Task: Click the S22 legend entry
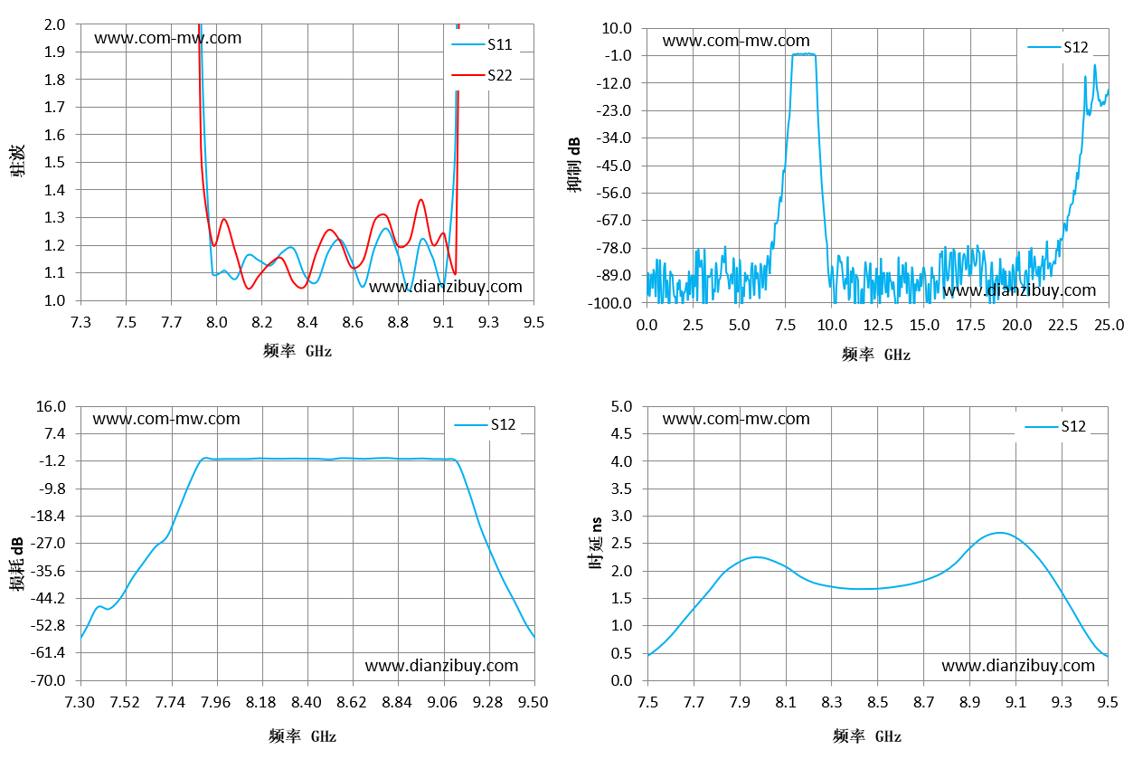click(x=482, y=75)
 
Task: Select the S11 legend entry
click(x=482, y=44)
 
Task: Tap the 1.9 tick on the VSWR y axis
click(x=54, y=52)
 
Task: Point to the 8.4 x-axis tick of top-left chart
click(x=307, y=322)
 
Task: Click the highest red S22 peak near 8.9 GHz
click(x=420, y=200)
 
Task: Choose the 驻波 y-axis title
click(x=17, y=160)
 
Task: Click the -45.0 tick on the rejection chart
click(x=614, y=166)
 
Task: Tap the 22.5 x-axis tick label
click(x=1062, y=325)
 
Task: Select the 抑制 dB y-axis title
click(x=574, y=165)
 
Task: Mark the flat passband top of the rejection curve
click(x=804, y=53)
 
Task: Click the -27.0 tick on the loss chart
click(x=48, y=544)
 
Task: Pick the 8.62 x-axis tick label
click(x=352, y=702)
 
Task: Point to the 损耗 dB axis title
click(x=17, y=564)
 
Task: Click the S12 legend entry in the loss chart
click(x=485, y=424)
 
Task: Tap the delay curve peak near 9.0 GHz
click(x=1000, y=533)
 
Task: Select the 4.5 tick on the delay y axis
click(x=621, y=433)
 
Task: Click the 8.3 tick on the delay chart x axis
click(x=832, y=702)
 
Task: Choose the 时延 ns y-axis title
click(x=596, y=543)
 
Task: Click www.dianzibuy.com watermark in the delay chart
click(x=1018, y=666)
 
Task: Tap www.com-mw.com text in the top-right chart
click(x=736, y=41)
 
